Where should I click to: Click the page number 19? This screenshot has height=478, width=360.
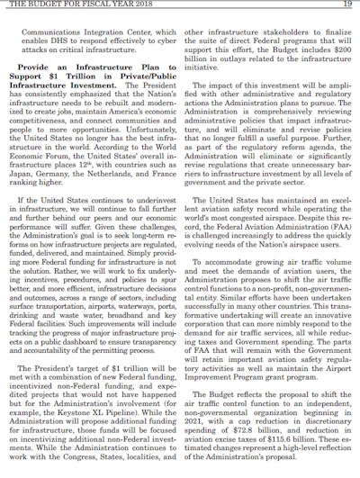click(x=345, y=6)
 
